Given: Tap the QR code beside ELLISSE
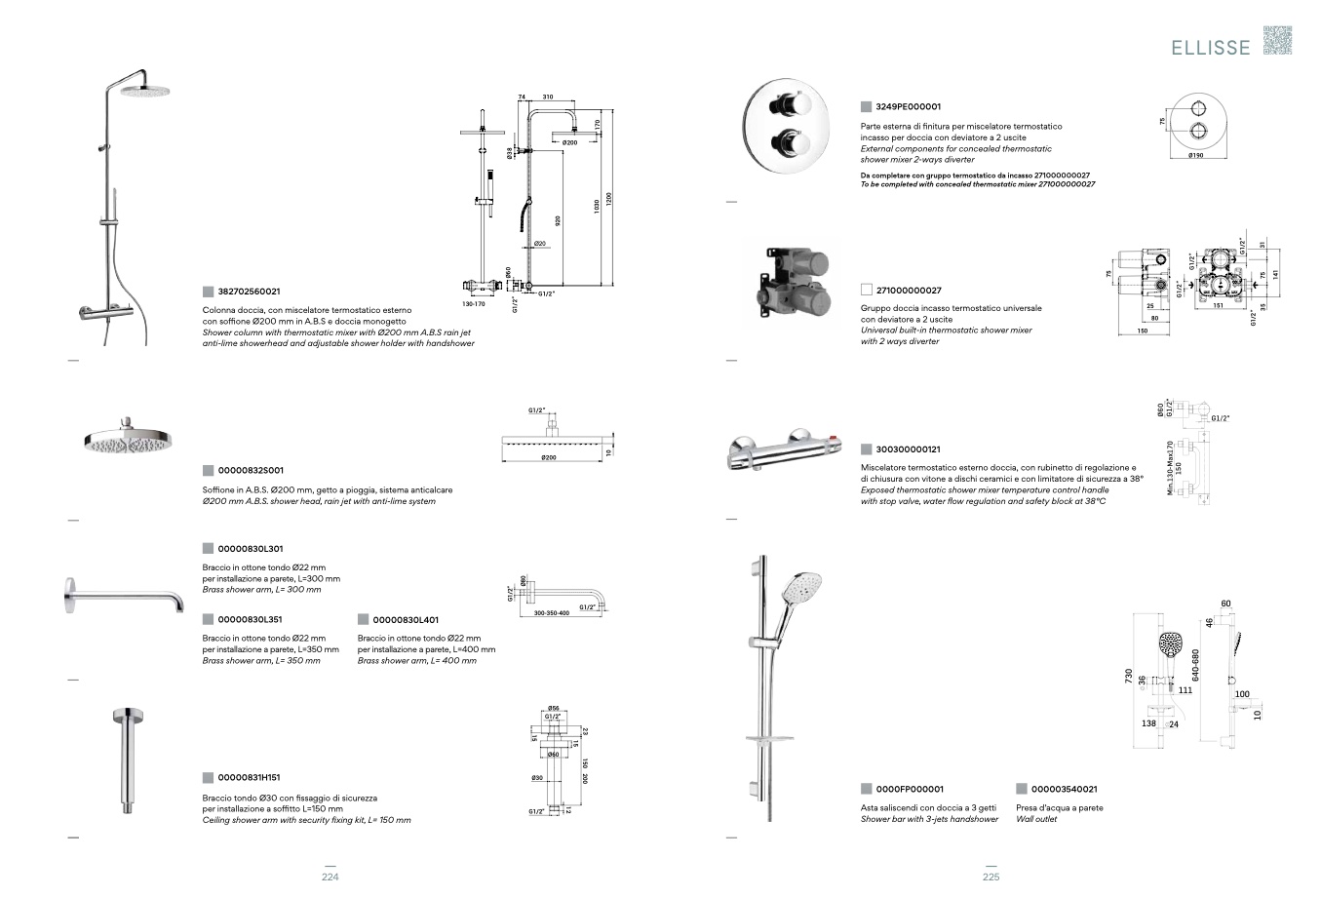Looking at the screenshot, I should (x=1277, y=40).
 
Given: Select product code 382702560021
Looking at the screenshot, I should (x=249, y=292).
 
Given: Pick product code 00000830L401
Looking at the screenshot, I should (x=405, y=619).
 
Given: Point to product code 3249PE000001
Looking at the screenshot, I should (x=908, y=106).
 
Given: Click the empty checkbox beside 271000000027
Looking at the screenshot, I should (x=866, y=291).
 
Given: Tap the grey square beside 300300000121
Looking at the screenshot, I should (x=866, y=449).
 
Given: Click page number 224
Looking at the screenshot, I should (x=330, y=877).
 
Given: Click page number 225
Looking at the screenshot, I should (x=991, y=877).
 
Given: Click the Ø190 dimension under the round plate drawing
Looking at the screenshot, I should (x=1198, y=155).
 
